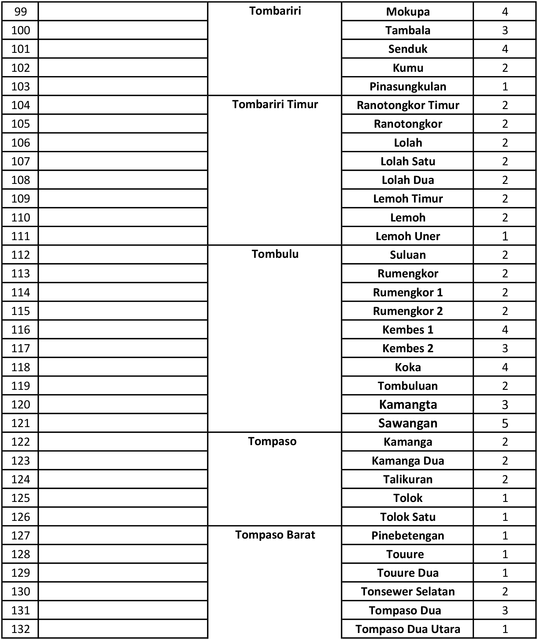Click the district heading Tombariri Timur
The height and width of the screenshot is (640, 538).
coord(275,104)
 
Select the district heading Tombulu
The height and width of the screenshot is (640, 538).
coord(275,254)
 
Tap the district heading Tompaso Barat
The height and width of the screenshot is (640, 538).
coord(275,535)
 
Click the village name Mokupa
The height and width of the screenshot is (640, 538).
coord(408,12)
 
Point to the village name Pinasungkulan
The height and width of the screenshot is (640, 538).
coord(408,86)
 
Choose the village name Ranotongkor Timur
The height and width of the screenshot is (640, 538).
coord(408,105)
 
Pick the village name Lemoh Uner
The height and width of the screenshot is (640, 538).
coord(408,236)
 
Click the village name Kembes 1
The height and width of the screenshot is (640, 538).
coord(408,330)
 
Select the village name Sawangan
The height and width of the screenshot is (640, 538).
coord(408,423)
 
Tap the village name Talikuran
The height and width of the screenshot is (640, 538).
coord(408,479)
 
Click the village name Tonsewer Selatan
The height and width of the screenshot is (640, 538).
coord(408,591)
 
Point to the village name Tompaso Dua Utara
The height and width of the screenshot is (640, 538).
coord(408,629)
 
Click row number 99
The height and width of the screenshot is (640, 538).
coord(20,12)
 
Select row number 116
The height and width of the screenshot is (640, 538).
coord(20,330)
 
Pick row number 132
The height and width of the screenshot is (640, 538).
coord(20,629)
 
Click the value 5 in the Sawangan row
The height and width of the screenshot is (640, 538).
coord(505,423)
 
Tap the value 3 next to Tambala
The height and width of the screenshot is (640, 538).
coord(505,30)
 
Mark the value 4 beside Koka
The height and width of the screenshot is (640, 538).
coord(505,367)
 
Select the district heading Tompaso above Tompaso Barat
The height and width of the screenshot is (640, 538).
coord(272,441)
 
